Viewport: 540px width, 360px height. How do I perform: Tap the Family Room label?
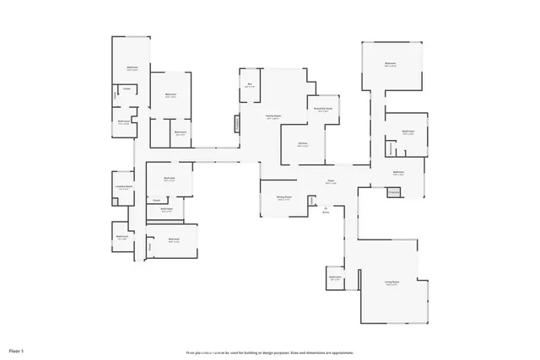(273, 117)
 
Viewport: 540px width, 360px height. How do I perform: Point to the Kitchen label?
(302, 144)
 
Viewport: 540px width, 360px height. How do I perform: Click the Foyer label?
(332, 182)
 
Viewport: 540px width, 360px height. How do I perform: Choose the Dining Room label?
(283, 198)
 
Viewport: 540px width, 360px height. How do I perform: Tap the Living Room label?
(391, 283)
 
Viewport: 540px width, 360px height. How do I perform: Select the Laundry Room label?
(124, 188)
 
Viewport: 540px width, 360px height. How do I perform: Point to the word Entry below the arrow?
(326, 212)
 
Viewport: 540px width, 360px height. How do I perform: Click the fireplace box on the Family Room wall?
(236, 123)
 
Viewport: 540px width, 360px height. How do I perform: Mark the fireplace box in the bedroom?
(392, 192)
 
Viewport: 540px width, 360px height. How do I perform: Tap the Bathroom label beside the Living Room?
(335, 277)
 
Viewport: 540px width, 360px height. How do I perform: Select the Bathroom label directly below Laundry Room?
(122, 237)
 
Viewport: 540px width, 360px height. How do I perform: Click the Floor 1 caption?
(17, 350)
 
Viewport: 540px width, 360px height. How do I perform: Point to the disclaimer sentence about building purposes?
(270, 352)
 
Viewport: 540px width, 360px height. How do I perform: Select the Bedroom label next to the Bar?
(170, 95)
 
